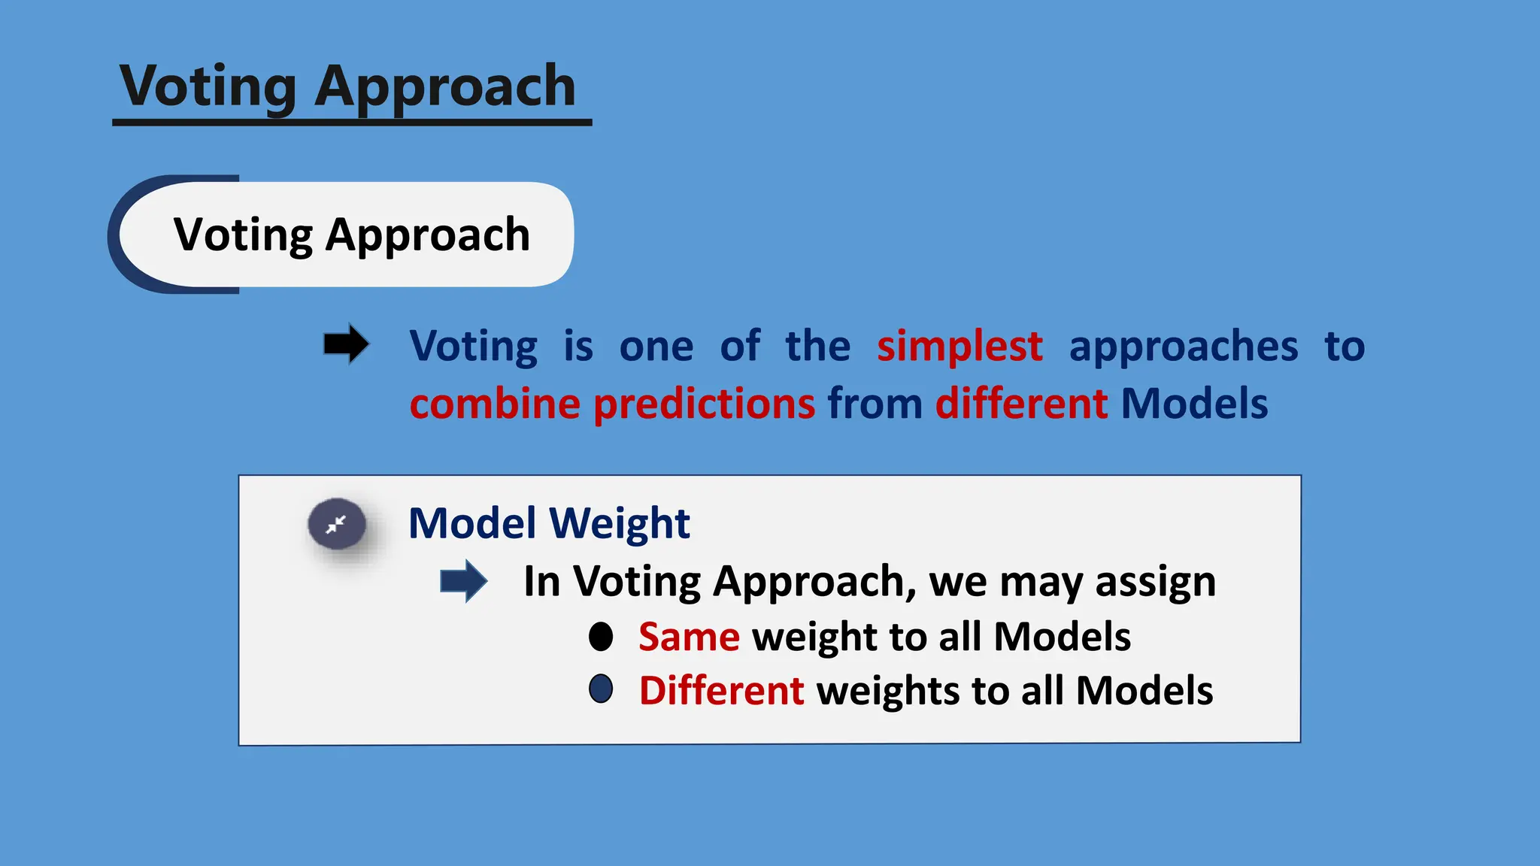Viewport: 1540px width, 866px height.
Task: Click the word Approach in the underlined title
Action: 445,86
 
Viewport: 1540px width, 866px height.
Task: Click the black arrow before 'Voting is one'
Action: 346,345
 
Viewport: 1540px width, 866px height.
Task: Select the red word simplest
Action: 959,347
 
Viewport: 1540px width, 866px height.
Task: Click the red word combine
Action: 495,404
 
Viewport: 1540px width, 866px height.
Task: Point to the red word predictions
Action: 705,404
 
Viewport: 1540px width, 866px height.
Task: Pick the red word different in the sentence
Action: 1021,404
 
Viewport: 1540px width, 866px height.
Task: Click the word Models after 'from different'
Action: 1194,404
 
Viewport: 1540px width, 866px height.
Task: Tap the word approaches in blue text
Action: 1184,347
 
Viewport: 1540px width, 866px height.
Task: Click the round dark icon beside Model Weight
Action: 337,524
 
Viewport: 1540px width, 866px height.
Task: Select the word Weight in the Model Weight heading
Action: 620,523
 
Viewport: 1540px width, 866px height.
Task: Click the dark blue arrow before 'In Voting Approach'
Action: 464,581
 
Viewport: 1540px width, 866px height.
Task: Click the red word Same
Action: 689,637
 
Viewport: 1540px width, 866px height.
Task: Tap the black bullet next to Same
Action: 601,637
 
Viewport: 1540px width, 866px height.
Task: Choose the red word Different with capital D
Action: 721,690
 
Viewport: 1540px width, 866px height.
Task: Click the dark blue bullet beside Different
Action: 601,689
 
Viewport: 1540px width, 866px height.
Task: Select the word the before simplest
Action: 818,347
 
